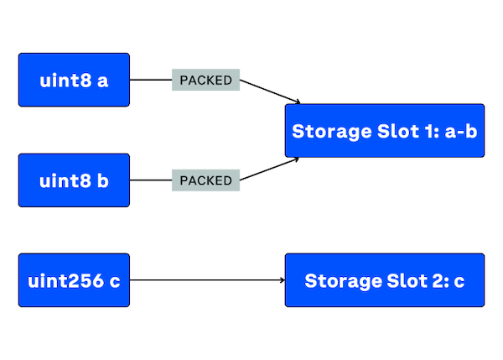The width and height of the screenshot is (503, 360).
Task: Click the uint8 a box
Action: [74, 81]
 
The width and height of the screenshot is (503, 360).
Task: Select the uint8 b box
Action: [74, 180]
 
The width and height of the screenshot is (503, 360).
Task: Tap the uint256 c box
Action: [74, 279]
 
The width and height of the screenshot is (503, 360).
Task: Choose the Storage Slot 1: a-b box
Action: [385, 131]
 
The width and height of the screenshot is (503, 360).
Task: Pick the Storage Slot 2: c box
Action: [385, 279]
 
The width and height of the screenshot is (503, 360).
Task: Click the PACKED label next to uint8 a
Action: [205, 81]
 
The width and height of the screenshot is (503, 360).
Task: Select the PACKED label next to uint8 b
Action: [205, 180]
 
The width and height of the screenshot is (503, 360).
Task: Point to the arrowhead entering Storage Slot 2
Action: [281, 279]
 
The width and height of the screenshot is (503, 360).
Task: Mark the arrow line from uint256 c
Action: [205, 279]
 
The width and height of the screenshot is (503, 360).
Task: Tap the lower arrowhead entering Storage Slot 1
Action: [294, 159]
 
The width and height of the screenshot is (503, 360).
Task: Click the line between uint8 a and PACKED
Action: [151, 81]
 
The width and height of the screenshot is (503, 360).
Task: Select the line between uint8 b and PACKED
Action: [151, 180]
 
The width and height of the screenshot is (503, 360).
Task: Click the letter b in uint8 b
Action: [102, 180]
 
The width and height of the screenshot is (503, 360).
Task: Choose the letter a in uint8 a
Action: [102, 81]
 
